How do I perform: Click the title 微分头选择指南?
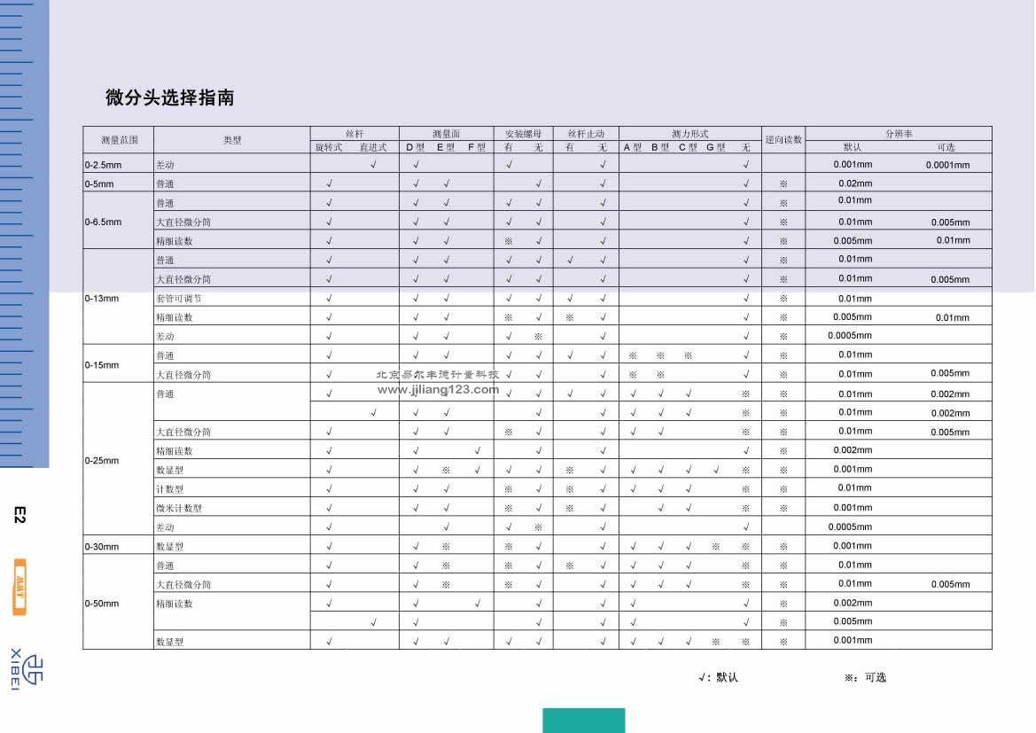169,97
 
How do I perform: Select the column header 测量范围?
119,140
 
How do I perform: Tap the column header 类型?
232,140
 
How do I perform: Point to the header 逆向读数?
783,140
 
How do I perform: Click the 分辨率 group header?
898,134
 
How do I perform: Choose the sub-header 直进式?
373,147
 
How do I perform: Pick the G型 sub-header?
716,147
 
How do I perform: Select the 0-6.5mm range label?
104,222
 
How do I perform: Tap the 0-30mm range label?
102,547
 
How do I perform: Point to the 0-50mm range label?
102,604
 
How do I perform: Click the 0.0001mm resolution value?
947,165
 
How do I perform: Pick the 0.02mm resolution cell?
855,183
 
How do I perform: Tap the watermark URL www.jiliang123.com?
438,388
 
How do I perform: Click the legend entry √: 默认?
718,677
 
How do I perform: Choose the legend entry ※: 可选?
865,677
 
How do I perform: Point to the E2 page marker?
20,514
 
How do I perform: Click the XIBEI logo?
27,668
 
